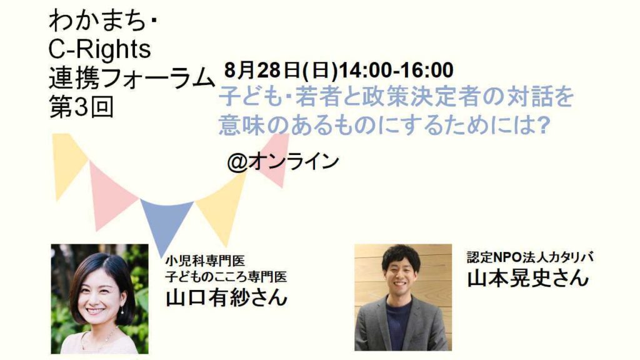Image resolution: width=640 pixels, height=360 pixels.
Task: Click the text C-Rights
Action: [99, 49]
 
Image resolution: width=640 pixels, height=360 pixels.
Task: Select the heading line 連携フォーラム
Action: [132, 78]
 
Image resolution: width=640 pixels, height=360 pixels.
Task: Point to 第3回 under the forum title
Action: [81, 107]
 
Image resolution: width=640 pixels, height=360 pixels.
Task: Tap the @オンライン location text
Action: [283, 162]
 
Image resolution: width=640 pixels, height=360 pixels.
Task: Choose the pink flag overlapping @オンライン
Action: [274, 160]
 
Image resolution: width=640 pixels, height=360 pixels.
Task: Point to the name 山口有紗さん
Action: [226, 297]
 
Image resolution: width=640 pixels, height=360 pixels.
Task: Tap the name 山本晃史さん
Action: [527, 277]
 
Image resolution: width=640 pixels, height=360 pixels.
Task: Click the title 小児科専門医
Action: [205, 261]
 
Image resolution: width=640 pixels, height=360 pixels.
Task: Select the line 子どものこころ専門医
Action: [226, 276]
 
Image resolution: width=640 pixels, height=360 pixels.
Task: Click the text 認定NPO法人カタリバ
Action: [530, 257]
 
